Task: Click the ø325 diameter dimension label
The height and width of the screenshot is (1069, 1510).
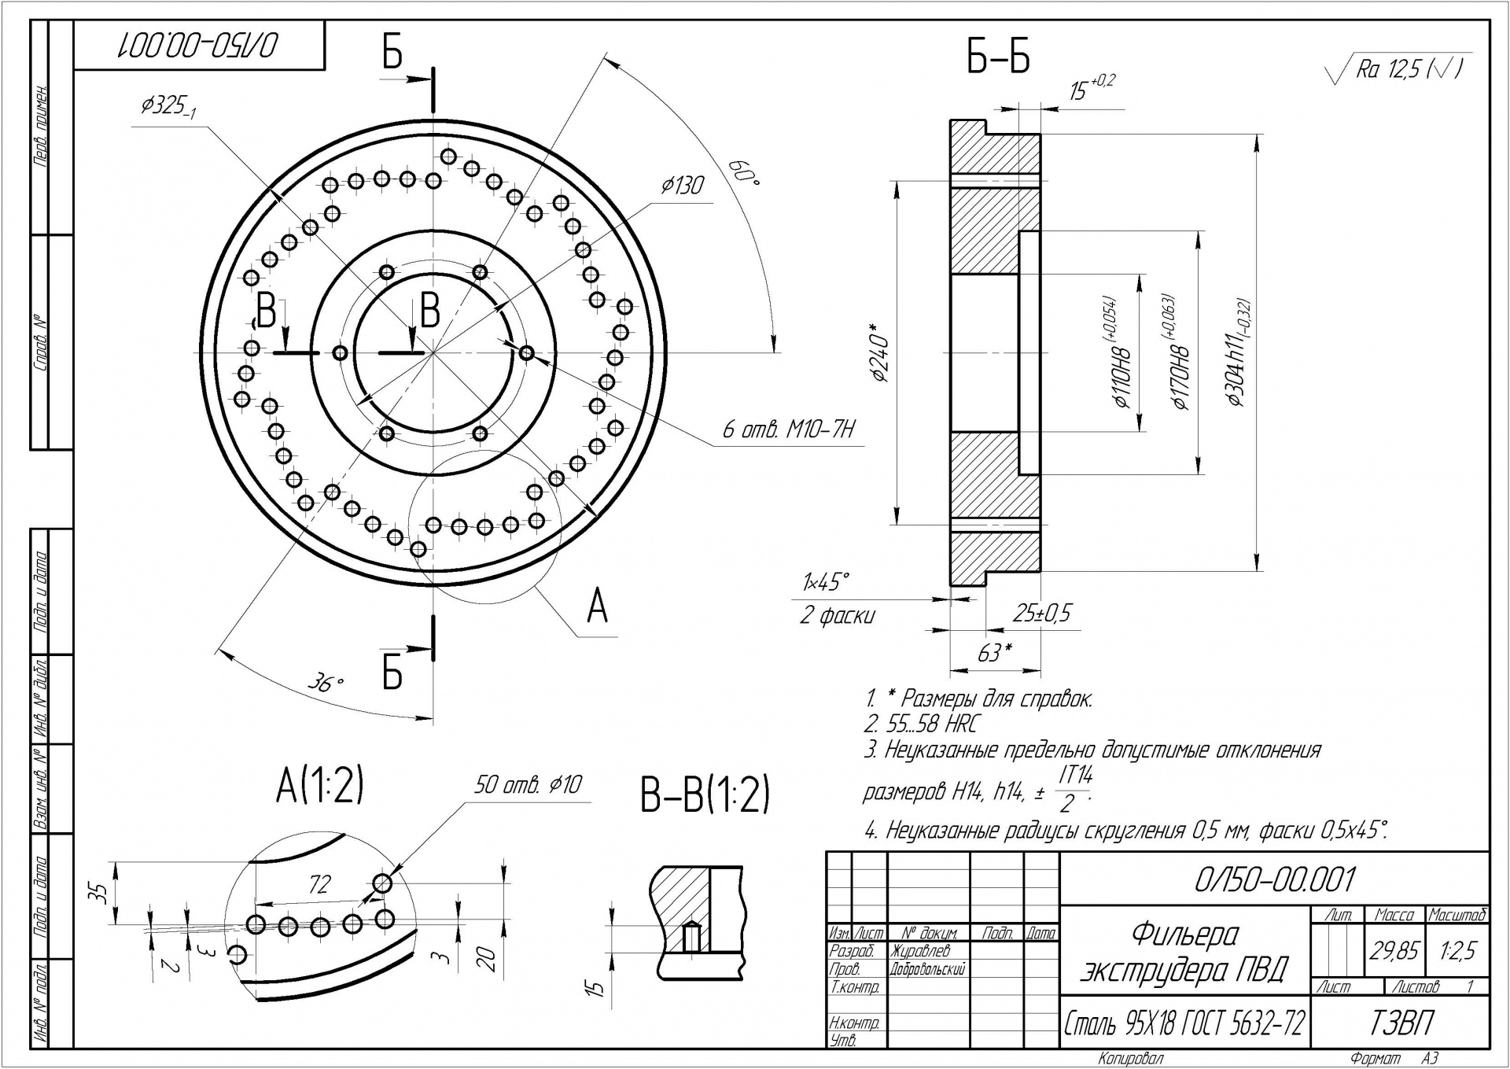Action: coord(168,106)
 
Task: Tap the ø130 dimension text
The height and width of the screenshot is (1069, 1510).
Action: coord(682,186)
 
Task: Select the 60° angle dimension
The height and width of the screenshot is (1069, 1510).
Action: coord(743,174)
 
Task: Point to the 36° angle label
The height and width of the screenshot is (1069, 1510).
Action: coord(326,684)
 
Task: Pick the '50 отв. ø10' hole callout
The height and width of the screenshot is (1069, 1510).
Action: coord(528,785)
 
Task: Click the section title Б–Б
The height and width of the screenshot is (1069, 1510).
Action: coord(998,57)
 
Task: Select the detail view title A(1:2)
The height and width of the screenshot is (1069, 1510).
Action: coord(319,785)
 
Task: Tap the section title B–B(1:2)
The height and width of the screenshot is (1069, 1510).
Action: coord(705,794)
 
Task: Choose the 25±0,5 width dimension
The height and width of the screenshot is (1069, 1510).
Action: coord(1041,614)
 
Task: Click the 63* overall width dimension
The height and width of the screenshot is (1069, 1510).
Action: coord(994,653)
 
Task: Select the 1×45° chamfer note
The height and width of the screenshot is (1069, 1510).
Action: coord(826,582)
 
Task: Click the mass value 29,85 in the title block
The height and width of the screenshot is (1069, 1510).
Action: coord(1394,952)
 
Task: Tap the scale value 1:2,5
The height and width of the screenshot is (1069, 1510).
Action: coord(1457,952)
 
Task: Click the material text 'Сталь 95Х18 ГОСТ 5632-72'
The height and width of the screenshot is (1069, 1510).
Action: coord(1184,1023)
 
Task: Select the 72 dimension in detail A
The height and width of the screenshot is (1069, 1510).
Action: coord(319,885)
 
